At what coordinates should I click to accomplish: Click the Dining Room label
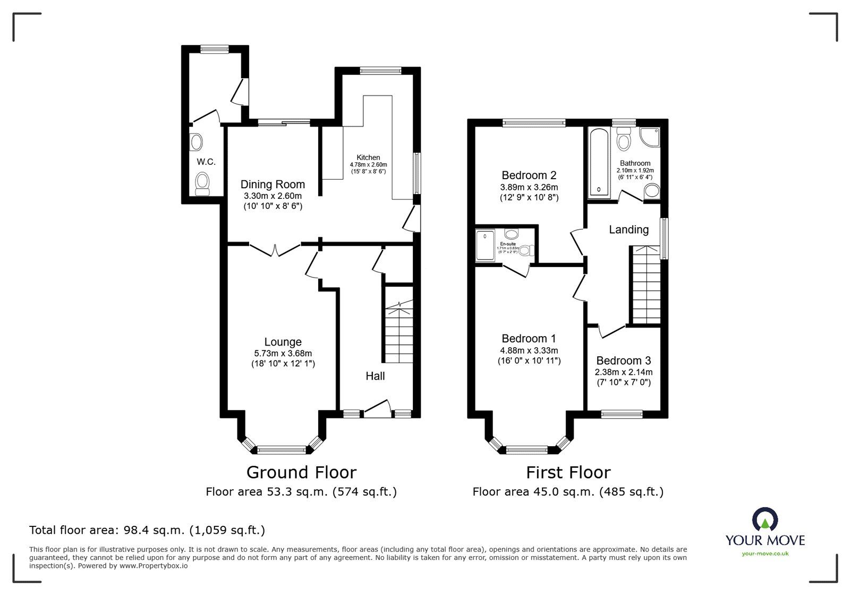click(x=273, y=185)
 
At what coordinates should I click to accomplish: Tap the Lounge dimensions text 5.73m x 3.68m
click(x=283, y=353)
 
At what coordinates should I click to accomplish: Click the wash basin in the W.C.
click(x=197, y=142)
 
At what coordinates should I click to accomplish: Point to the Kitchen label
click(x=368, y=157)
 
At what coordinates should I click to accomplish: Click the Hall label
click(x=375, y=376)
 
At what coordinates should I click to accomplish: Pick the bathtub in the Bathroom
click(x=599, y=162)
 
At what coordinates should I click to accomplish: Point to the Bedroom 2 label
click(x=529, y=175)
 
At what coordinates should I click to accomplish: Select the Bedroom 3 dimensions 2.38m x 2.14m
click(x=624, y=372)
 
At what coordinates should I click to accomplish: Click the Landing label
click(x=628, y=230)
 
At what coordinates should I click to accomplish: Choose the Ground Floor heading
click(x=301, y=472)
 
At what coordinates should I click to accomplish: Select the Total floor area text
click(x=147, y=530)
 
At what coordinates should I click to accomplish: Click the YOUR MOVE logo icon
click(x=765, y=521)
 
